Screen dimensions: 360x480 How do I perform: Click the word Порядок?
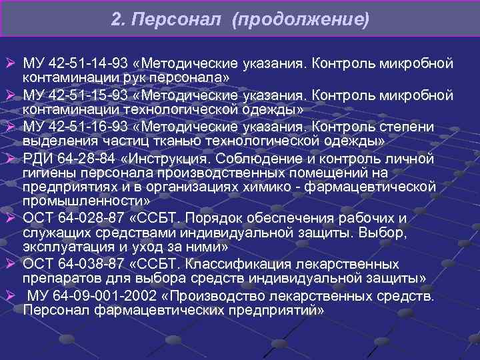click(x=211, y=219)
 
